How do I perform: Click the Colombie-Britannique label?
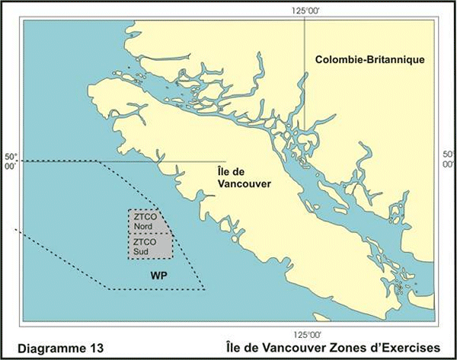[x=370, y=59]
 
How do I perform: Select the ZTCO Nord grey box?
[x=149, y=221]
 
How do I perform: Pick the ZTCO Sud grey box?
[x=149, y=246]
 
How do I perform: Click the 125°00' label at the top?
[x=304, y=9]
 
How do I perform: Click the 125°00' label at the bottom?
[x=304, y=334]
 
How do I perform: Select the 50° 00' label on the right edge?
[x=449, y=159]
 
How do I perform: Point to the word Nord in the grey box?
[x=142, y=226]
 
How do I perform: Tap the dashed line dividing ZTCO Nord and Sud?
[x=150, y=233]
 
